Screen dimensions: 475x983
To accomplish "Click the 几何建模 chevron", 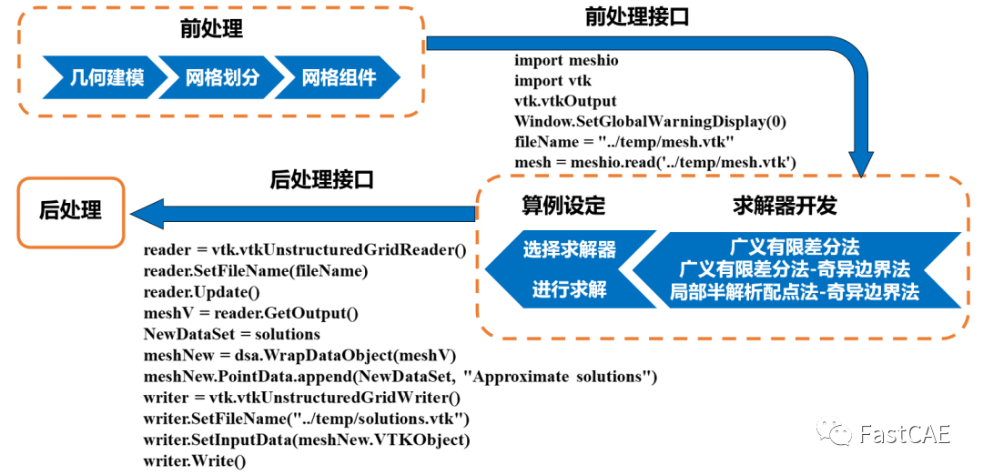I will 106,78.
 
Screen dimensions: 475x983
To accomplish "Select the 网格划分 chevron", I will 222,78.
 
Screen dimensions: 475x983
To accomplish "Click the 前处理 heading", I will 211,29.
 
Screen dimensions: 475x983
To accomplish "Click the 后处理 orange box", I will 70,211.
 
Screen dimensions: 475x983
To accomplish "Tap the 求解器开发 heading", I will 784,205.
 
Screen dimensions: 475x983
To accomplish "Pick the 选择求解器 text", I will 570,249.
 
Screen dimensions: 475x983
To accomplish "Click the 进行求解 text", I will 570,290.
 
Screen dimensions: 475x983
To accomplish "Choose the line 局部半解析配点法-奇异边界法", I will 795,292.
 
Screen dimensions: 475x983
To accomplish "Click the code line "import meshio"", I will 566,61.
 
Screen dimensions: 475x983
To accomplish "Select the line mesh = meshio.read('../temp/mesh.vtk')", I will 655,162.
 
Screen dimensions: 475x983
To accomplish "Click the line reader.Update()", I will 202,292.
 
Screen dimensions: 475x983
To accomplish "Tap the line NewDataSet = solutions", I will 232,334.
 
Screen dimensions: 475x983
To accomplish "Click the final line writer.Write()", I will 195,460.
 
